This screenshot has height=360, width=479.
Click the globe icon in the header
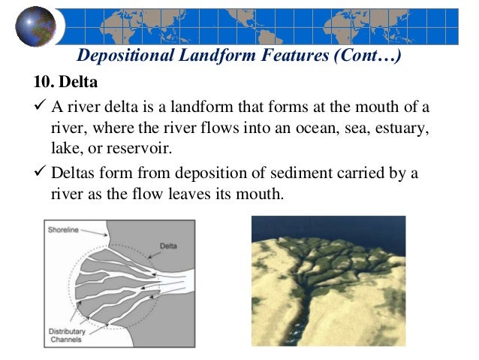[35, 26]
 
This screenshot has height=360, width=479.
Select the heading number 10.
[43, 80]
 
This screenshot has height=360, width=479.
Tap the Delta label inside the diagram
[168, 246]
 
